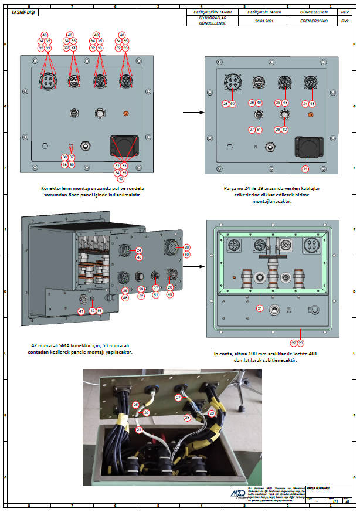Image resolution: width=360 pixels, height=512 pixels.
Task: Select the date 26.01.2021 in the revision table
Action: coord(261,21)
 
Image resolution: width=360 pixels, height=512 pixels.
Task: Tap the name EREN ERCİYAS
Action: coord(311,21)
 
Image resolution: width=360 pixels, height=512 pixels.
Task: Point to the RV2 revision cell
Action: coord(345,21)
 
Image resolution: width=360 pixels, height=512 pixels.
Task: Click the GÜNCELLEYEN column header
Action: coord(311,12)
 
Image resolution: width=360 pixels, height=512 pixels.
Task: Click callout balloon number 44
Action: coord(305,169)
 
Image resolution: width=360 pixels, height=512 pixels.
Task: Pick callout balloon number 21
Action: coord(259,307)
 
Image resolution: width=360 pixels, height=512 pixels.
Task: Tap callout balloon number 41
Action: coord(81,311)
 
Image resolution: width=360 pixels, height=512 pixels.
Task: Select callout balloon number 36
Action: coord(65,157)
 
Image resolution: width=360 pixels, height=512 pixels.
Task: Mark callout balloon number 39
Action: coord(72,165)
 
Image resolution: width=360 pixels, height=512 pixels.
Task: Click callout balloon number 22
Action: coord(294,343)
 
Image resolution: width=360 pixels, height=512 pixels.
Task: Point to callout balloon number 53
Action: coord(100,311)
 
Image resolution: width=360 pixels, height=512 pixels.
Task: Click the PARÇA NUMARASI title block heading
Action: coord(318,488)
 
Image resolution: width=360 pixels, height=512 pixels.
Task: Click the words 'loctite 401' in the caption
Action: coord(283,354)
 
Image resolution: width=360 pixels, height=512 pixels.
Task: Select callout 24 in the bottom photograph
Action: coord(139,430)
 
